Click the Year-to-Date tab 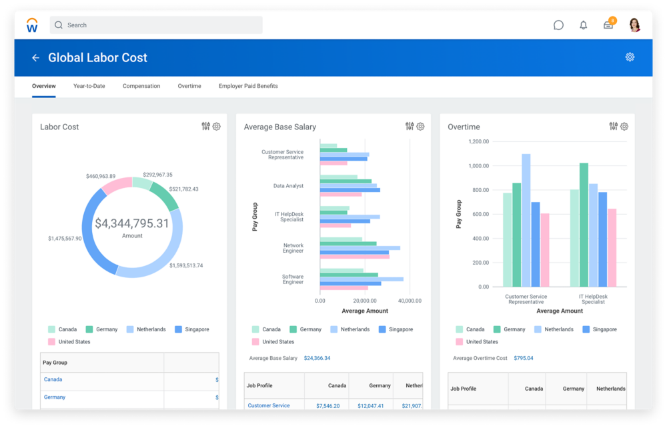[x=89, y=86]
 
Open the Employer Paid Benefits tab [x=248, y=86]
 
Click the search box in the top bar [x=156, y=25]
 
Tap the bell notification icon [x=584, y=25]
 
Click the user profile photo [x=634, y=25]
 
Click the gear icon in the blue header [x=630, y=57]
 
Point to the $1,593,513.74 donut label [x=186, y=265]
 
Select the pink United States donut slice [x=117, y=185]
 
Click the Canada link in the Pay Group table [x=53, y=379]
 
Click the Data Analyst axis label [x=288, y=186]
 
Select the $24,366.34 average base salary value [x=317, y=358]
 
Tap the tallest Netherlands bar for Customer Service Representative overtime [x=526, y=220]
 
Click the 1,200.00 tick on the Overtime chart [x=479, y=141]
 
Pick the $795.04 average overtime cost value [x=524, y=358]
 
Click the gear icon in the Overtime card [x=624, y=127]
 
